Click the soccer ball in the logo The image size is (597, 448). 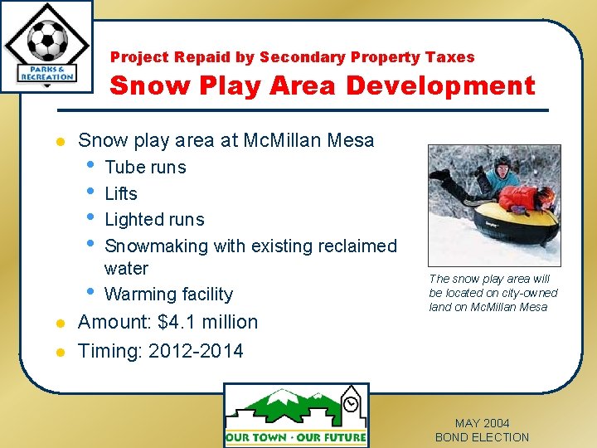coord(47,40)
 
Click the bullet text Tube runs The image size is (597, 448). coord(145,167)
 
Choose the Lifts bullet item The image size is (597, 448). coord(121,193)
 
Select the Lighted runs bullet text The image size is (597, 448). coord(154,220)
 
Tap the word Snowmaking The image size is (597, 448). coord(157,246)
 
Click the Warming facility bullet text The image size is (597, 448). coord(168,295)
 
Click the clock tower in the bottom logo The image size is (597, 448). coord(352,407)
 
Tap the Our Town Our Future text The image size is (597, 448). coord(296,437)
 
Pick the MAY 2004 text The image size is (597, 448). coord(482,423)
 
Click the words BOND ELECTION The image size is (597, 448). coord(482,437)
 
